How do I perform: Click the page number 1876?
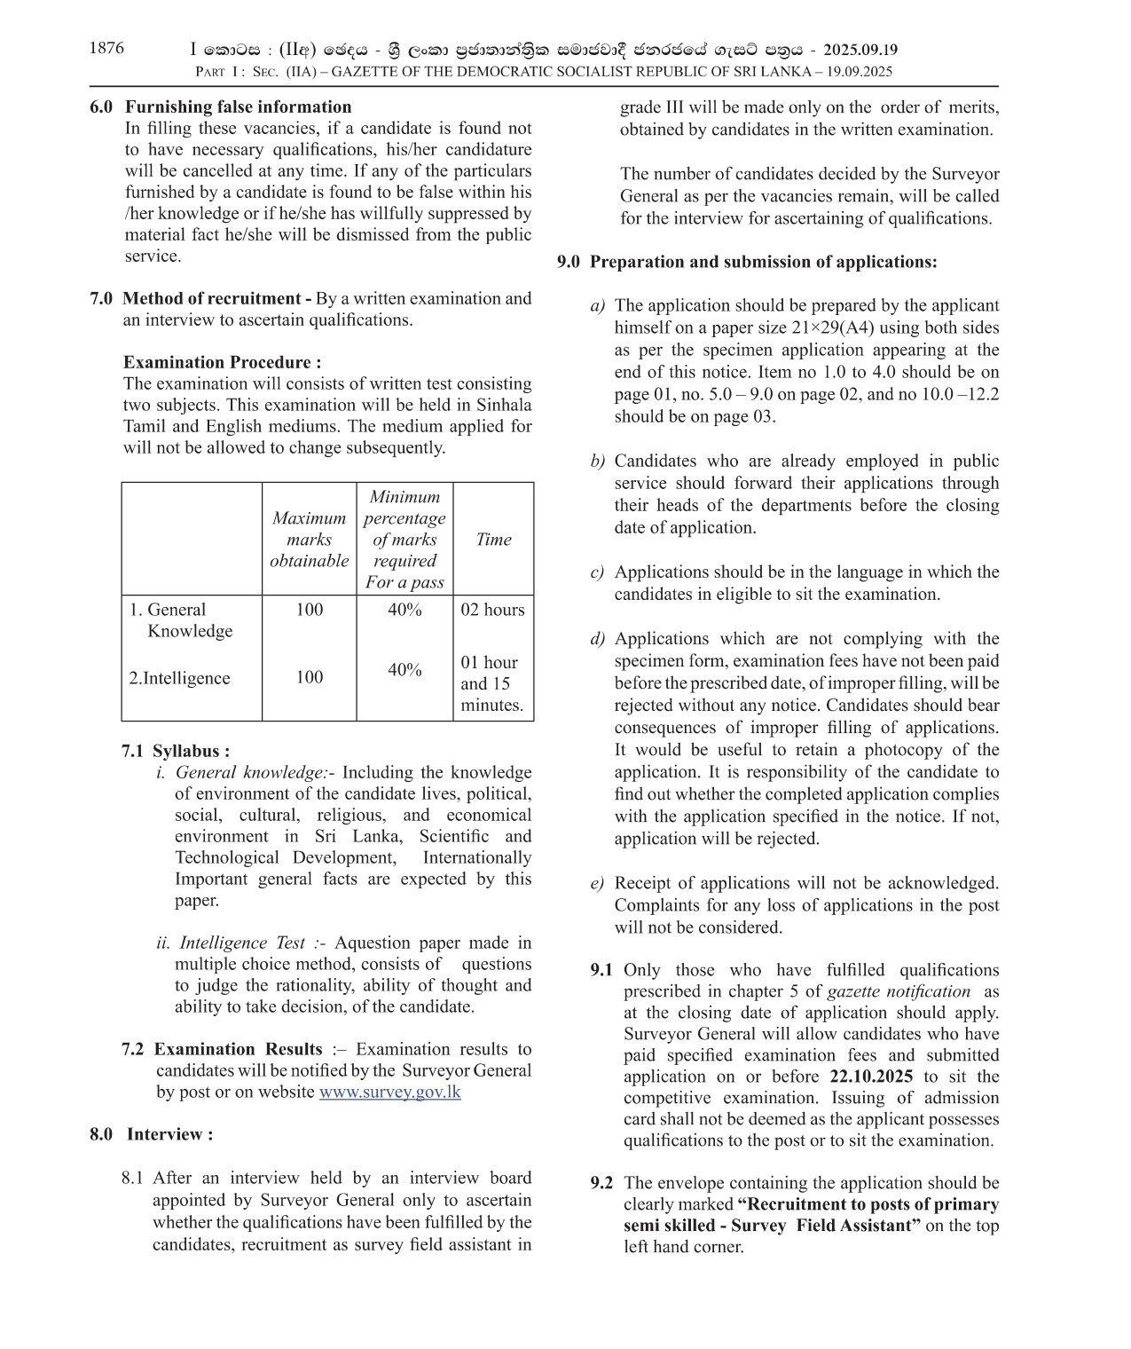click(x=106, y=48)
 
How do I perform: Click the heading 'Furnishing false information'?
click(x=238, y=106)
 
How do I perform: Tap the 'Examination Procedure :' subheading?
click(x=222, y=362)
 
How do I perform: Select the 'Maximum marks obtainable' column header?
click(x=309, y=540)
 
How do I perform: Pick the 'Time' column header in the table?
click(x=493, y=540)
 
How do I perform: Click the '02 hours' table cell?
click(x=492, y=610)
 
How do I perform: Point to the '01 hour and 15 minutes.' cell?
click(x=491, y=683)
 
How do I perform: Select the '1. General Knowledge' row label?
click(x=181, y=620)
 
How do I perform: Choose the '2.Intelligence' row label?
click(x=179, y=678)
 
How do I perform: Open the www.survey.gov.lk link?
click(x=389, y=1093)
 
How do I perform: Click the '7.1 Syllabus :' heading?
click(x=176, y=751)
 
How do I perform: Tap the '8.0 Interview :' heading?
click(x=151, y=1134)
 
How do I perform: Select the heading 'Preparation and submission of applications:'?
click(x=763, y=262)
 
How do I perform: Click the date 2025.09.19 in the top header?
click(x=860, y=51)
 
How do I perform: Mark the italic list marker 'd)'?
click(x=598, y=639)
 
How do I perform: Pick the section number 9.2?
click(x=601, y=1183)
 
